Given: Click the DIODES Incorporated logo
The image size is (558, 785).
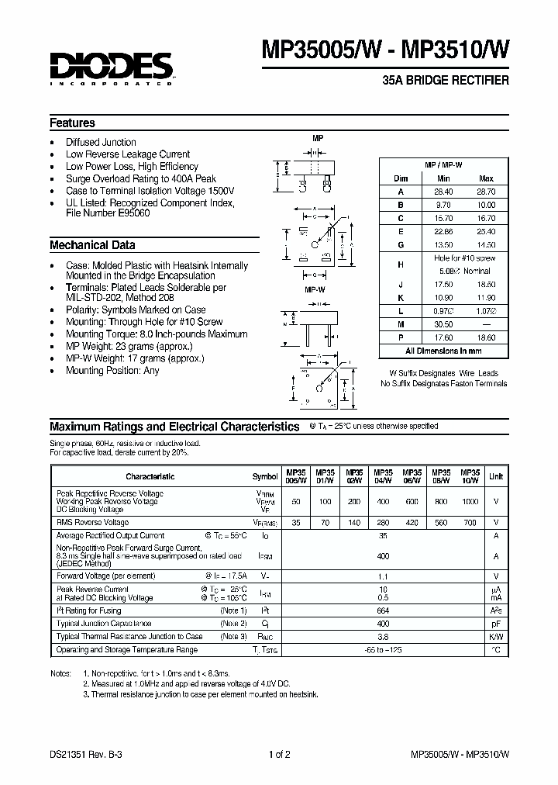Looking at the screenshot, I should point(110,68).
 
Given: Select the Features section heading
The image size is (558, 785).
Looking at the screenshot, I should point(72,123).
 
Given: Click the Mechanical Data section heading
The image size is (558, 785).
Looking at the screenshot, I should point(92,245).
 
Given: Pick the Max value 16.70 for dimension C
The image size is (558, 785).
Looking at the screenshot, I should point(486,218).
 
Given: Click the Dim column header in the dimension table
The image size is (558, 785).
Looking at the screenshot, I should point(401,178).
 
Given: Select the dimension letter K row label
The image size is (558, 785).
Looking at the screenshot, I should point(401,297).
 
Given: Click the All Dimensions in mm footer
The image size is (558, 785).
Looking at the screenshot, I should point(443,351).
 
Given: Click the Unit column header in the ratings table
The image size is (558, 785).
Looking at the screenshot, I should point(496,476).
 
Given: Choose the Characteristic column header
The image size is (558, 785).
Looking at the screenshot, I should point(150,476).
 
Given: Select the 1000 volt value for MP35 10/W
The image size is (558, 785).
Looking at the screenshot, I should point(470,502).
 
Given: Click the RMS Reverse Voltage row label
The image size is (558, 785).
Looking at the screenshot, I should point(93,522).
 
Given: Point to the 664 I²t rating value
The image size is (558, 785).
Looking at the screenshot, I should point(382,610).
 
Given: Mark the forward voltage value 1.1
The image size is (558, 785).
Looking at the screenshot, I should point(382,576).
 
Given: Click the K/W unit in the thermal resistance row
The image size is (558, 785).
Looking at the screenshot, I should point(496,636).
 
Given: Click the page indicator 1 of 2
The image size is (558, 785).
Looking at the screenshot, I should point(279,754).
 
